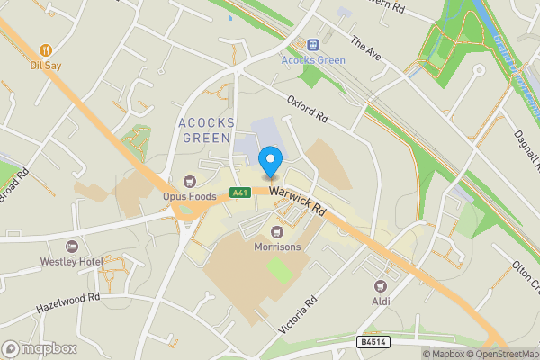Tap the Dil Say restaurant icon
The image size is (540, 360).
pyautogui.click(x=46, y=50)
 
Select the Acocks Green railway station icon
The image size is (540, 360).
pyautogui.click(x=313, y=44)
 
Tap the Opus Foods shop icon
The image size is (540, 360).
pyautogui.click(x=190, y=181)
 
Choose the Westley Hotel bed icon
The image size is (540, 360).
pyautogui.click(x=73, y=246)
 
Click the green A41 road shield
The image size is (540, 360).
pyautogui.click(x=238, y=193)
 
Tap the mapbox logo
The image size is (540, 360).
pyautogui.click(x=40, y=348)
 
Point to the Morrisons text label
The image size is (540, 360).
pyautogui.click(x=277, y=246)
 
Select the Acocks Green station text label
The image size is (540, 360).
pyautogui.click(x=313, y=60)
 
